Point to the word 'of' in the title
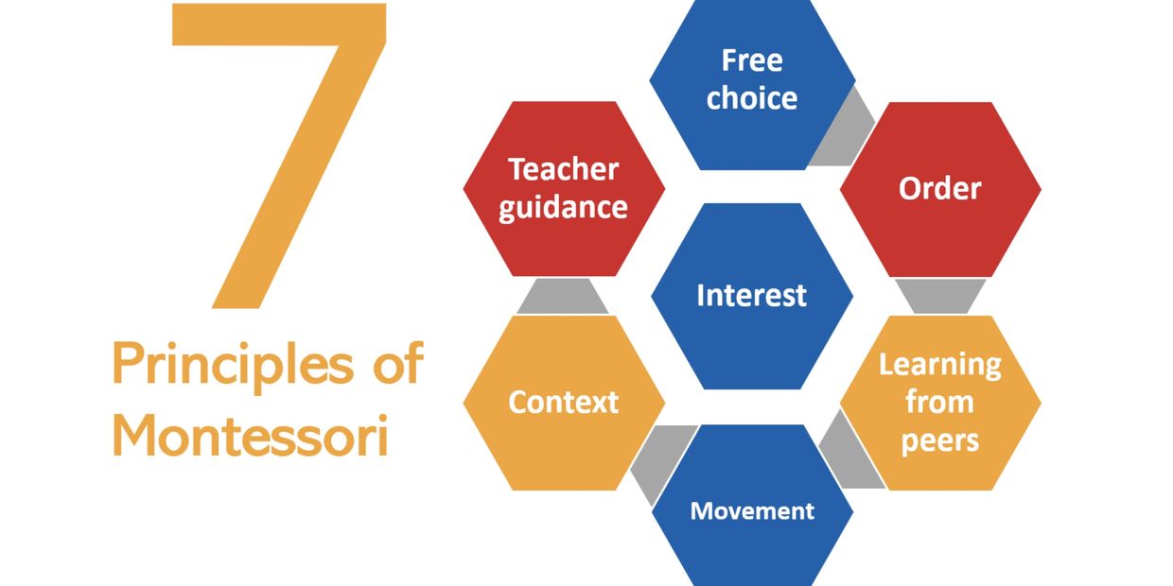coord(398,362)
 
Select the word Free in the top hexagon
coord(752,60)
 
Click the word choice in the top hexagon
coord(752,98)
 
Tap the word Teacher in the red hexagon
coord(564,169)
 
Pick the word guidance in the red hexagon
coord(564,209)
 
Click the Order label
coord(940,188)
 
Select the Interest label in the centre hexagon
coord(752,296)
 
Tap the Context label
coord(564,403)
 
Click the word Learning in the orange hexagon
coord(940,365)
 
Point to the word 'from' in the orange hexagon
coord(940,403)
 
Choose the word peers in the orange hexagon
coord(940,441)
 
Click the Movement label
coord(752,511)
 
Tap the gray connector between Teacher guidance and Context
coord(563,296)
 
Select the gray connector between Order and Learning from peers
coord(940,296)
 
